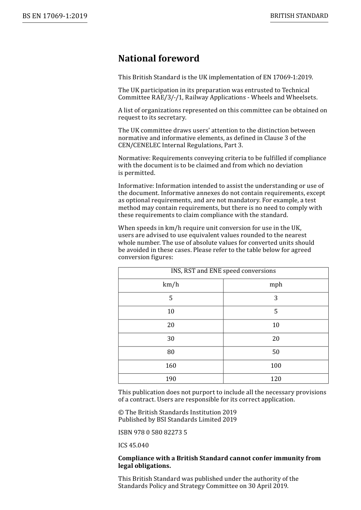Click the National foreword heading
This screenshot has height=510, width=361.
[158, 58]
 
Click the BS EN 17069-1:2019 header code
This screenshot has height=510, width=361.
[55, 16]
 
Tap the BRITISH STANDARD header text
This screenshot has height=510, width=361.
[299, 16]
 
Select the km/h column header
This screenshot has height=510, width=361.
[171, 285]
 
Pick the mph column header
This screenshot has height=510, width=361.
[276, 285]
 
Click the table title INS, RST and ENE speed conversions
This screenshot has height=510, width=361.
[223, 271]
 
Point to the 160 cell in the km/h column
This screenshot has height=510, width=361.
[171, 366]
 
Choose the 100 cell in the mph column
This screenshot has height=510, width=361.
[276, 366]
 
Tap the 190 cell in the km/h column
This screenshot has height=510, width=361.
[171, 379]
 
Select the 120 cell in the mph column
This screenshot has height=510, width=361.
[276, 379]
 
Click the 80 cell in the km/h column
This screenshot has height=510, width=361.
[171, 352]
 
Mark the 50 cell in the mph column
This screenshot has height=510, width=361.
[276, 352]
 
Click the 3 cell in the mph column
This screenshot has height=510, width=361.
[276, 298]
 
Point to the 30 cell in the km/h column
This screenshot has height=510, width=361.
[171, 339]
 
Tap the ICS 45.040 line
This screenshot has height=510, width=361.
[133, 445]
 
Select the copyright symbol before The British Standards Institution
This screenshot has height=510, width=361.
[121, 412]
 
